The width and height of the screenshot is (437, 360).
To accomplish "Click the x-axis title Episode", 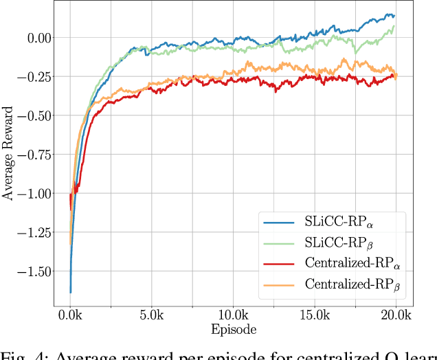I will pos(234,330).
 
